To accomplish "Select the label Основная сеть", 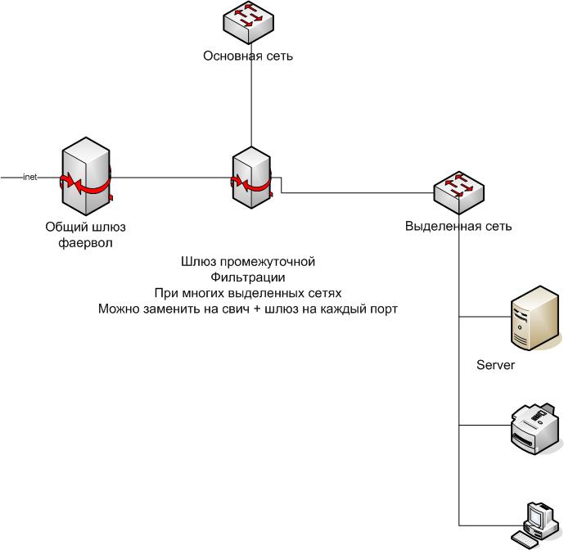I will pos(247,56).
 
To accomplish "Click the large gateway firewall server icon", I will pos(85,176).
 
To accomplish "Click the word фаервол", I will pos(85,242).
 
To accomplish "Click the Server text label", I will pos(495,365).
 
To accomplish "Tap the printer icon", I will pos(535,425).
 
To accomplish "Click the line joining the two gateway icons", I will pos(172,177).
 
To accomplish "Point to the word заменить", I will pos(177,309).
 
